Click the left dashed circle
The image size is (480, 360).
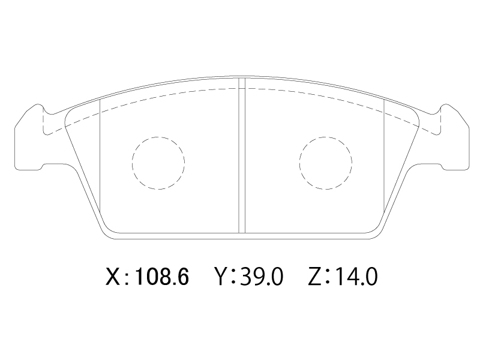(x=132, y=163)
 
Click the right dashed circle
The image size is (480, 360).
(x=299, y=163)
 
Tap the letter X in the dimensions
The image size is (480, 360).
(x=113, y=277)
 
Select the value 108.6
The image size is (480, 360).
(x=162, y=277)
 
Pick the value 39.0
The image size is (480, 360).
(x=262, y=277)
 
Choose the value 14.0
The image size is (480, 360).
(x=356, y=277)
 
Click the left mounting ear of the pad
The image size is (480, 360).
(x=29, y=138)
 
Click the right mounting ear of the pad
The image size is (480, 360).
(x=455, y=138)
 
